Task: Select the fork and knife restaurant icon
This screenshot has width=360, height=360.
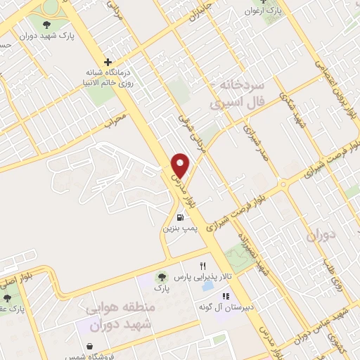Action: (x=203, y=266)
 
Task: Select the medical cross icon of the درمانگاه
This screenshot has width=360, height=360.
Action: (x=108, y=61)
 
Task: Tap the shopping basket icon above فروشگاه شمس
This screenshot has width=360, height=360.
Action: (x=91, y=345)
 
